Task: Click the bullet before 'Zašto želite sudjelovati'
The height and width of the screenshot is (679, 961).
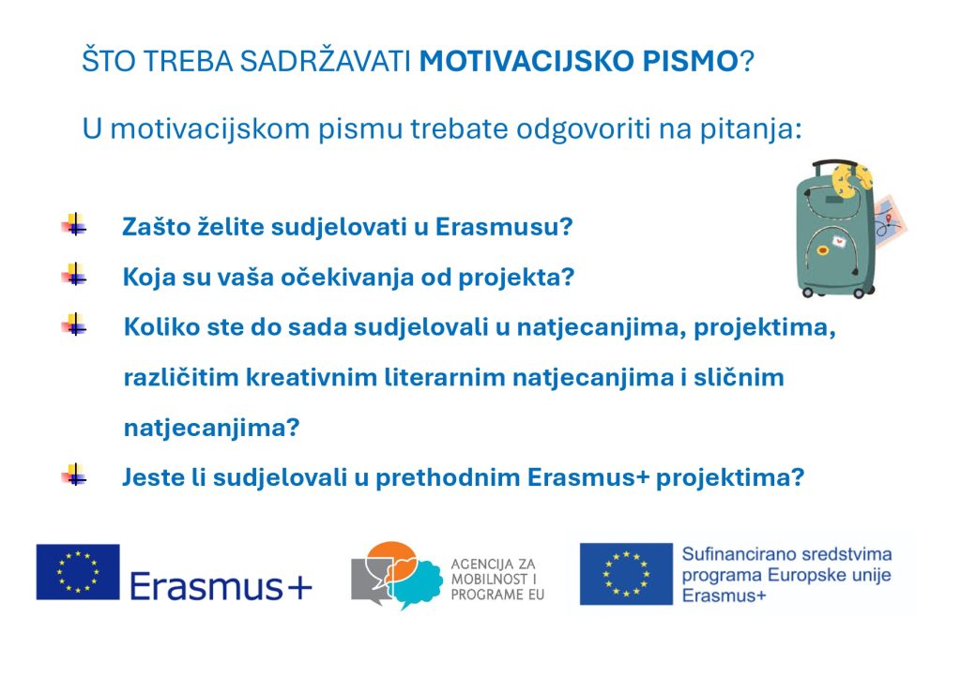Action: pos(74,225)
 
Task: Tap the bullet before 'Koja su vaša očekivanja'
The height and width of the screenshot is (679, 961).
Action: pos(74,276)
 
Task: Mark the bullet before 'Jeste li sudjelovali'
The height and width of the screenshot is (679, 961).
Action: pos(74,475)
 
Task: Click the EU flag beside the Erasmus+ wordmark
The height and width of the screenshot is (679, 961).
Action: pos(78,572)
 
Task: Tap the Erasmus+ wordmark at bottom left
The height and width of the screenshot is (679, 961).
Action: pos(221,586)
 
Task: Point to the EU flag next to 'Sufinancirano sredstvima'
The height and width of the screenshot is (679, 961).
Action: pos(626,573)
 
